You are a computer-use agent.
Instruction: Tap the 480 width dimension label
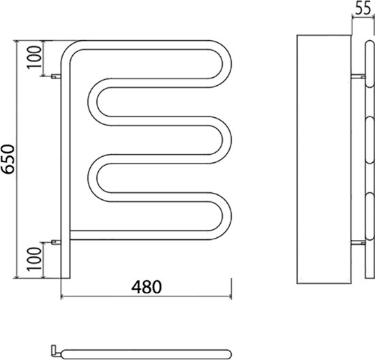pos(147,287)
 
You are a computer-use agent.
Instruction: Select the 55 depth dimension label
pos(363,8)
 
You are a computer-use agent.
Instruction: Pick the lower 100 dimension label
pos(34,259)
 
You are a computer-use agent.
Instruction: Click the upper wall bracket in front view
pos(56,76)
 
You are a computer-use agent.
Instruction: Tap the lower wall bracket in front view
pos(56,242)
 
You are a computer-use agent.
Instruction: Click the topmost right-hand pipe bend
pos(227,64)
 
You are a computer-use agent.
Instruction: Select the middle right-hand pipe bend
pos(227,140)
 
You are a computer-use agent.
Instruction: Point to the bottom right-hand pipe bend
pos(227,216)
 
